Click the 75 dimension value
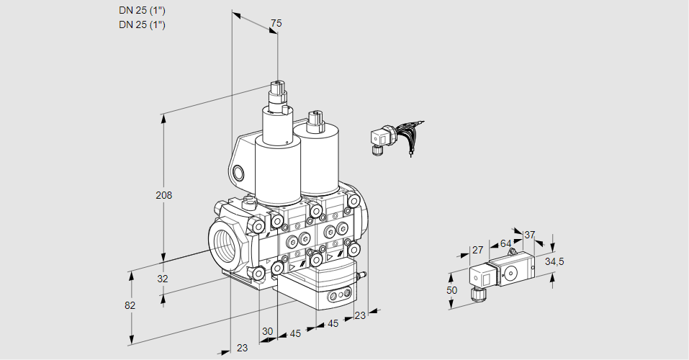(275, 24)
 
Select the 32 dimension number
(162, 279)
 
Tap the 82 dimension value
(130, 305)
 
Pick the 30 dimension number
(268, 331)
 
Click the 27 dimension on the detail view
(477, 251)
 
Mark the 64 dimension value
(505, 244)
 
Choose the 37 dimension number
(529, 235)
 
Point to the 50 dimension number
(451, 289)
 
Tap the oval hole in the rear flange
(239, 173)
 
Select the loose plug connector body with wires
(379, 138)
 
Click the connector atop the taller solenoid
(277, 94)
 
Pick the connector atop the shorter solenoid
(314, 120)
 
